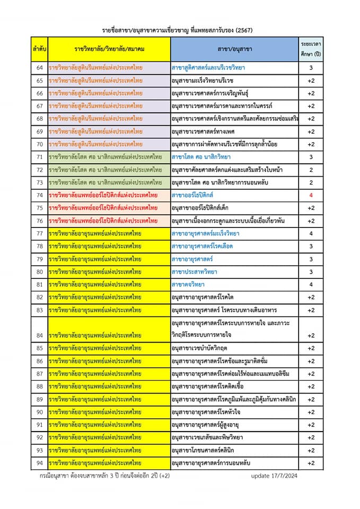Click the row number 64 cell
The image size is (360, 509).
pyautogui.click(x=39, y=67)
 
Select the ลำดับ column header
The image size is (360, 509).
pyautogui.click(x=39, y=49)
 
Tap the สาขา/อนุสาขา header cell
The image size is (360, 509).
pyautogui.click(x=234, y=49)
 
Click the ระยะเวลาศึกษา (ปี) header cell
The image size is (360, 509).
pyautogui.click(x=311, y=49)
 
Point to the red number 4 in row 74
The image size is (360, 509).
pyautogui.click(x=311, y=195)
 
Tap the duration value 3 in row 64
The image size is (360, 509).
pyautogui.click(x=311, y=67)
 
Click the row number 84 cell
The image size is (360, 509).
pyautogui.click(x=39, y=336)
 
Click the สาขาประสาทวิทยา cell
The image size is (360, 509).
pyautogui.click(x=194, y=272)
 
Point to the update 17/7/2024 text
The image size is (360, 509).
pyautogui.click(x=274, y=476)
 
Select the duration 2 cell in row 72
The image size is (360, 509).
pyautogui.click(x=311, y=170)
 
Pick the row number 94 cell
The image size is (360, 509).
pyautogui.click(x=39, y=463)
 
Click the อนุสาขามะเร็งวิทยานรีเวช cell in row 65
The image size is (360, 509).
pyautogui.click(x=203, y=80)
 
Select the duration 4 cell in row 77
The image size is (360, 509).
pyautogui.click(x=311, y=233)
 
